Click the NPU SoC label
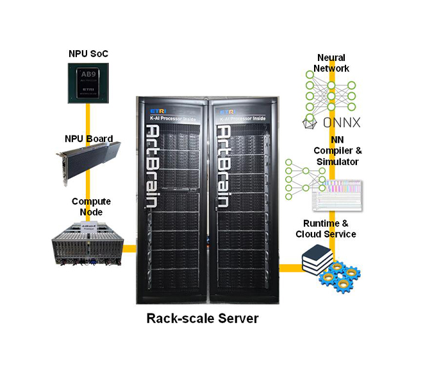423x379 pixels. click(88, 53)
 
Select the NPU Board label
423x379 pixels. click(88, 138)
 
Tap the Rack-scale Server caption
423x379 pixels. click(203, 318)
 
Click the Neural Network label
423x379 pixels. click(332, 63)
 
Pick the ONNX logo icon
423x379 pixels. click(309, 123)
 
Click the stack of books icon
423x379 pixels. click(317, 260)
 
